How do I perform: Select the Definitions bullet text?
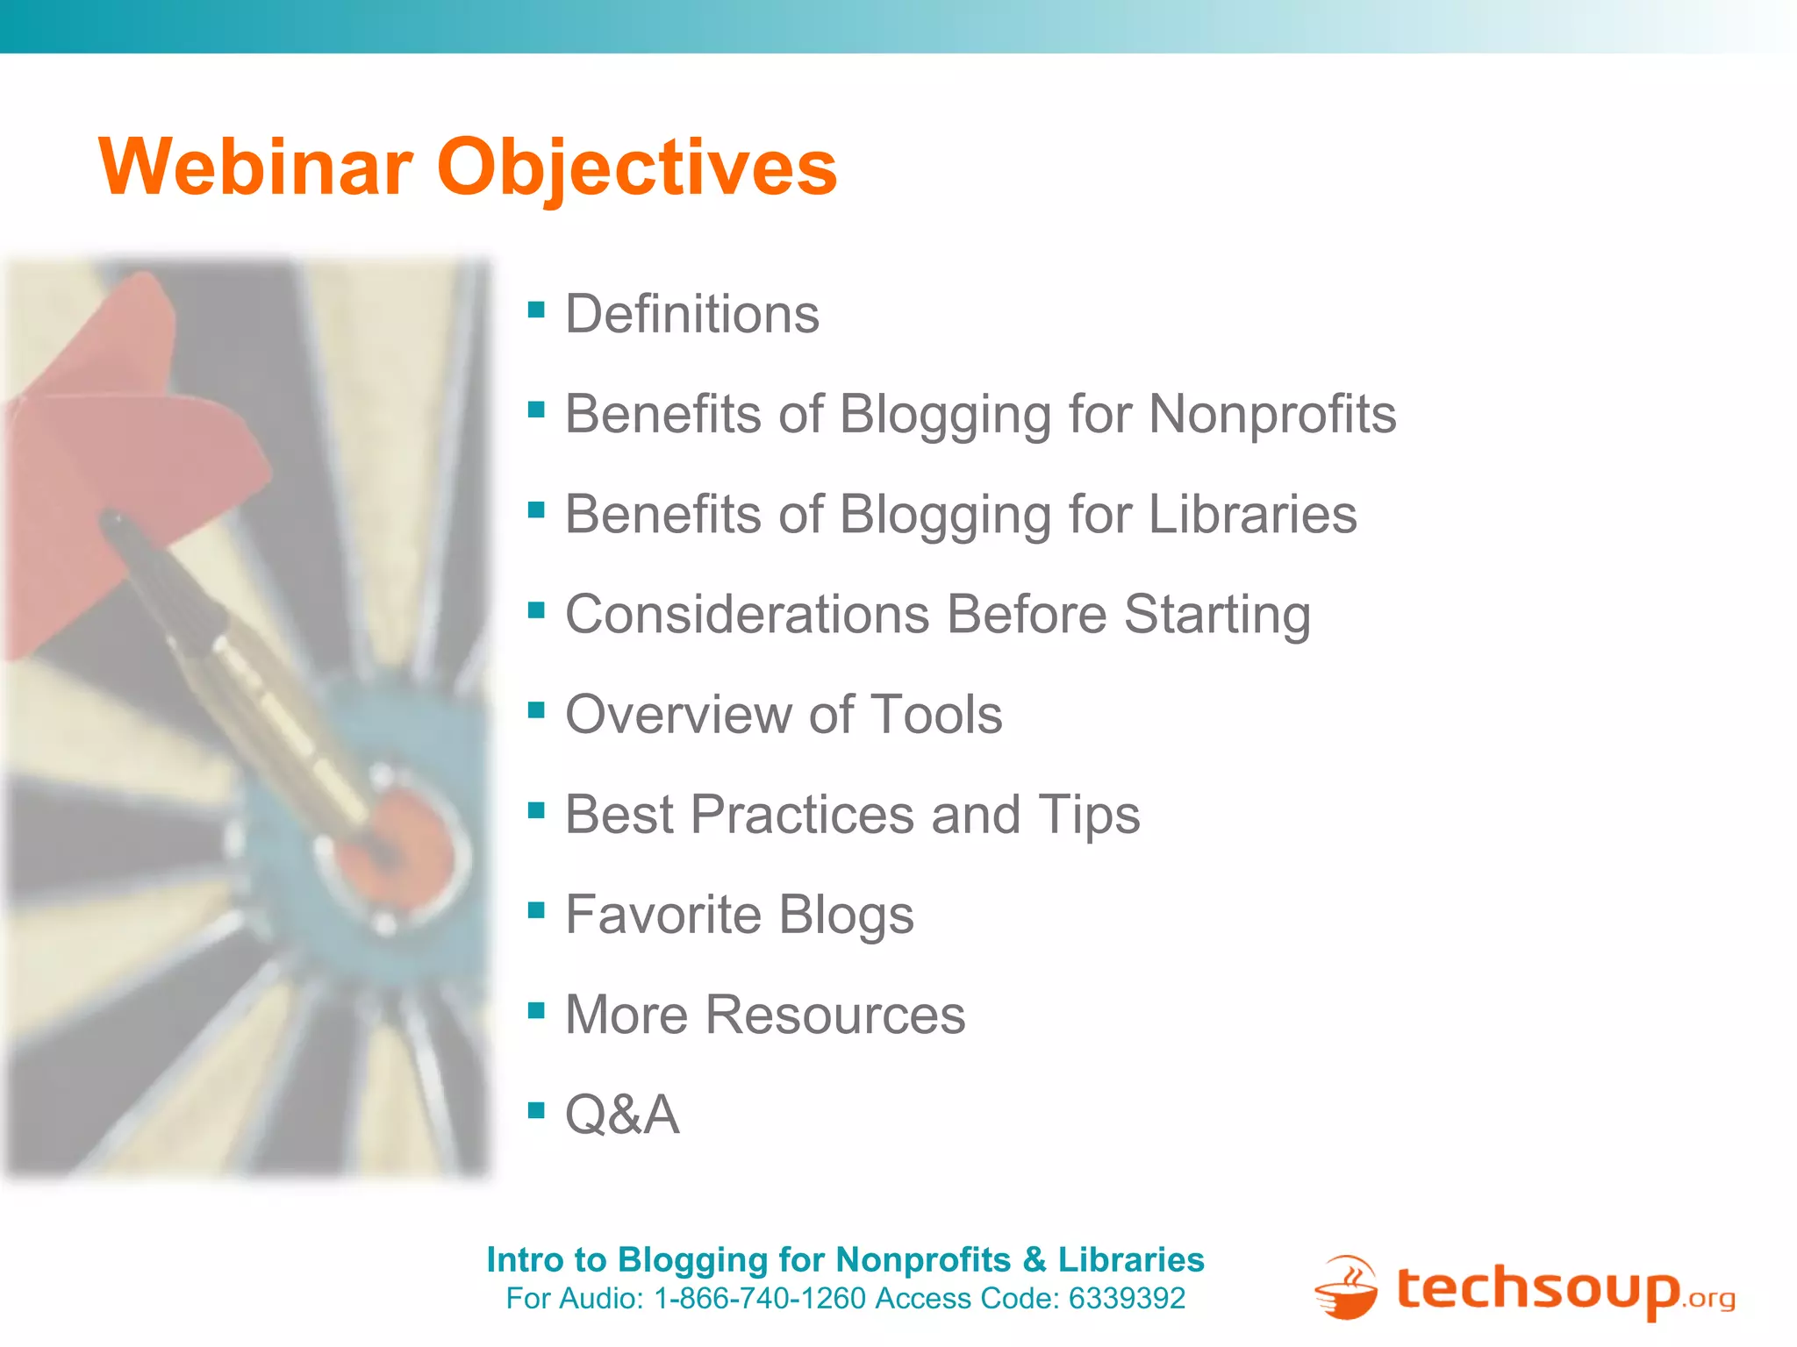pyautogui.click(x=691, y=314)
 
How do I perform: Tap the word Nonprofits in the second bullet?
pyautogui.click(x=1271, y=414)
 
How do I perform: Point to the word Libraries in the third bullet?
pyautogui.click(x=1252, y=514)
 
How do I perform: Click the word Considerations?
pyautogui.click(x=747, y=614)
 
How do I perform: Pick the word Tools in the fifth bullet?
pyautogui.click(x=935, y=714)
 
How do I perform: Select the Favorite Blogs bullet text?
pyautogui.click(x=739, y=915)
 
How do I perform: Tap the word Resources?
pyautogui.click(x=834, y=1015)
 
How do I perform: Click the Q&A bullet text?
pyautogui.click(x=621, y=1115)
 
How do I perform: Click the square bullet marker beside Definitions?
pyautogui.click(x=536, y=309)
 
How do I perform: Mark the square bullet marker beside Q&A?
pyautogui.click(x=536, y=1110)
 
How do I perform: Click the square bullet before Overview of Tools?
pyautogui.click(x=536, y=709)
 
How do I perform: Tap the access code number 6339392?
pyautogui.click(x=1127, y=1299)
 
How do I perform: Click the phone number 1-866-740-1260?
pyautogui.click(x=760, y=1299)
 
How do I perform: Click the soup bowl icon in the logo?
pyautogui.click(x=1347, y=1289)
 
